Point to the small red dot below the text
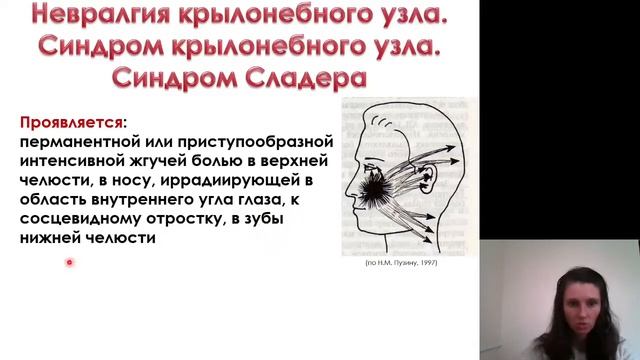coord(69,262)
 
